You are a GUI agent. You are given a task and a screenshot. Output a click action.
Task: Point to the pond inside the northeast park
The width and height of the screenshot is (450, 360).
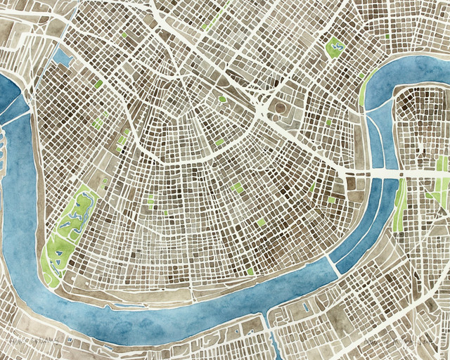[x=334, y=49]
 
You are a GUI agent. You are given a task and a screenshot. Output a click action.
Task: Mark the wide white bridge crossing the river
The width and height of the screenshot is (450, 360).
[x=380, y=173]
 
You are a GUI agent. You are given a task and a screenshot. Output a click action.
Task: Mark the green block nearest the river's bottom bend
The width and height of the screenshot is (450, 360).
[x=250, y=271]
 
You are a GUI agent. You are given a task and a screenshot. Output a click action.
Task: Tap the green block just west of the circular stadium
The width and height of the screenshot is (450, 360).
[x=222, y=99]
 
